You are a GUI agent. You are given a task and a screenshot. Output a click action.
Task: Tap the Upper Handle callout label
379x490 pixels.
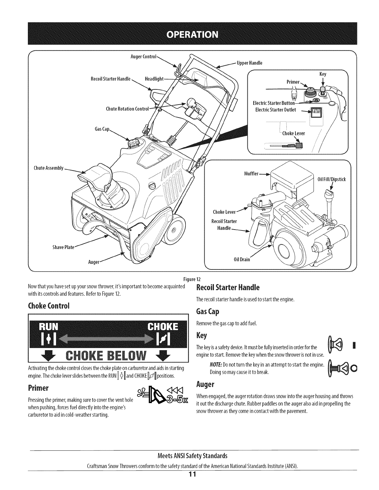click(x=249, y=63)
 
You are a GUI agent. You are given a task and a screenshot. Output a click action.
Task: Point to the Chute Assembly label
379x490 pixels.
click(x=48, y=168)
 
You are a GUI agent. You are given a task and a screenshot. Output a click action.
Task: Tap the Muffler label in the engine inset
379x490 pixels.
click(x=251, y=174)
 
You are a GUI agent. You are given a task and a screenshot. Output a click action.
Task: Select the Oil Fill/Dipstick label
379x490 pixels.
click(x=332, y=179)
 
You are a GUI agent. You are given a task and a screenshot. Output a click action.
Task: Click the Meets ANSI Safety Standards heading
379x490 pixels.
click(x=192, y=456)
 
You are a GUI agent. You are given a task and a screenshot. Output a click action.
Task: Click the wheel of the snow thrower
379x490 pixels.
click(x=173, y=229)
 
